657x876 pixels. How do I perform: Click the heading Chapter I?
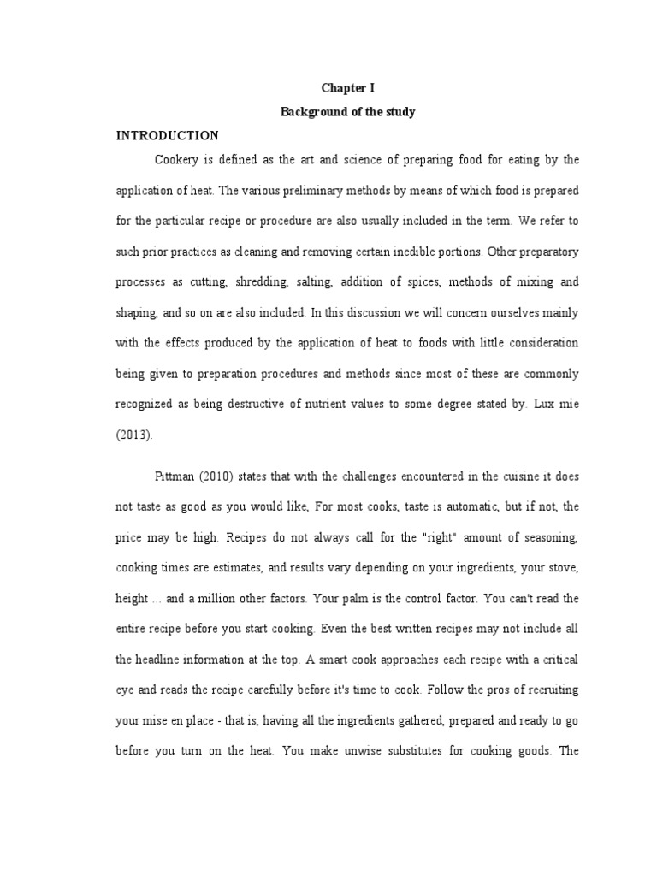[x=347, y=88]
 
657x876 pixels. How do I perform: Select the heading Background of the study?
[x=347, y=112]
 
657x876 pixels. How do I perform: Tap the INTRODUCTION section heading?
[x=168, y=136]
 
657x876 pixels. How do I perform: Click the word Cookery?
[x=176, y=160]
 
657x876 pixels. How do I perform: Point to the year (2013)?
[x=133, y=435]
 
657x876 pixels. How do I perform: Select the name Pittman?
[x=175, y=475]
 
